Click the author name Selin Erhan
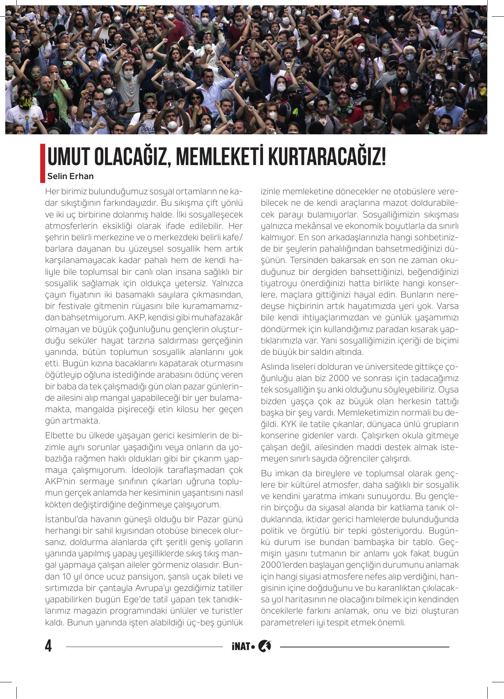(70, 176)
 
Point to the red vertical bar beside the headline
(43, 163)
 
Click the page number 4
(48, 646)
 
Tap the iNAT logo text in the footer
(241, 646)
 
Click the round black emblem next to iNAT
(264, 646)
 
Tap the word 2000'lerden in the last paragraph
(283, 565)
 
